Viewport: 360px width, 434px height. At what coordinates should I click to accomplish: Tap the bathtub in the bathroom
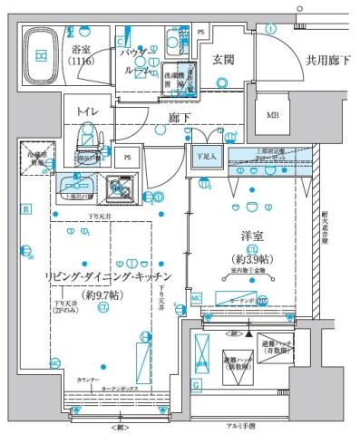click(x=42, y=55)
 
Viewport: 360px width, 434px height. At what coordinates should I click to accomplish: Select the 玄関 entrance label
click(x=225, y=60)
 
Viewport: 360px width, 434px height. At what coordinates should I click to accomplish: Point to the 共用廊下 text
click(x=327, y=60)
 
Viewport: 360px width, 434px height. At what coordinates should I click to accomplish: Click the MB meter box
click(x=272, y=115)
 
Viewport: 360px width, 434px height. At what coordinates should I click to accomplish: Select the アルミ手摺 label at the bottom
click(x=239, y=426)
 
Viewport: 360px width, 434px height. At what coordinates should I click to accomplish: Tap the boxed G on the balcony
click(x=197, y=384)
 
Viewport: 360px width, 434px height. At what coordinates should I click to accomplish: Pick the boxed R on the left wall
click(x=27, y=210)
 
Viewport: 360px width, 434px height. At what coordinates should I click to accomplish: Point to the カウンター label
click(x=88, y=379)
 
